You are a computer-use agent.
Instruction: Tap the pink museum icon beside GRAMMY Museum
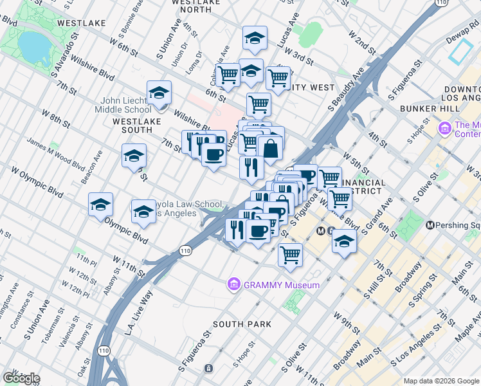click(x=233, y=284)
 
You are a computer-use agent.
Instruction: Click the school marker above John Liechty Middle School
click(x=159, y=94)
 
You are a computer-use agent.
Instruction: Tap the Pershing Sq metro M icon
click(x=430, y=225)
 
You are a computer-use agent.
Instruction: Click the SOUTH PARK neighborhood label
click(x=242, y=324)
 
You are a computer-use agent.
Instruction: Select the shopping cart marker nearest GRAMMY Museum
click(x=290, y=255)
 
